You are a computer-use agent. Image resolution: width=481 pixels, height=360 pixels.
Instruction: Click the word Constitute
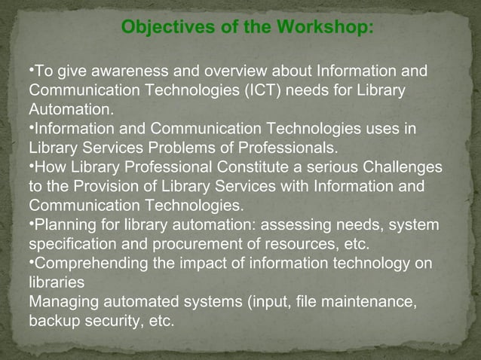pyautogui.click(x=252, y=166)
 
